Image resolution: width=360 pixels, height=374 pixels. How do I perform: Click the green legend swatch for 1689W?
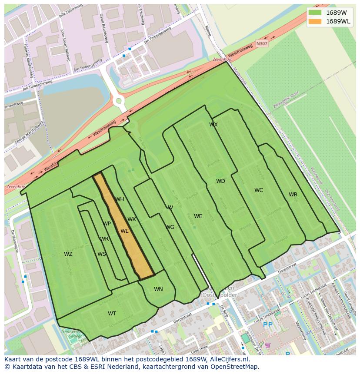(315, 13)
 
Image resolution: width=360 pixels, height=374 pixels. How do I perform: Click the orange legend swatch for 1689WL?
(315, 21)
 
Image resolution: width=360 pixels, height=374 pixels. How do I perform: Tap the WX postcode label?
(213, 125)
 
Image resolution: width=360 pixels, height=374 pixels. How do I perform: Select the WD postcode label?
(220, 181)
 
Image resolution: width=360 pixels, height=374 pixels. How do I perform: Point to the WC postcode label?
(259, 190)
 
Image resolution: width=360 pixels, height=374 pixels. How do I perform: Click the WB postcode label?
(293, 195)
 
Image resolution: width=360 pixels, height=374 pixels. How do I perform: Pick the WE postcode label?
(198, 216)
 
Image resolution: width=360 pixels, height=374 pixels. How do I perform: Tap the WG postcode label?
(170, 227)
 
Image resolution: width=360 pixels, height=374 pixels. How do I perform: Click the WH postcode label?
(120, 199)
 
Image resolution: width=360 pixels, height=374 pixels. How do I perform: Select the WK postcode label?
(132, 219)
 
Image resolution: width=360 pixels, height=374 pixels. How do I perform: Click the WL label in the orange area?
(124, 231)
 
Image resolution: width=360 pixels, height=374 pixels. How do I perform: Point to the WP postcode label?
(107, 224)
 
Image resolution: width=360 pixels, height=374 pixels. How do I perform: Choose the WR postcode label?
(104, 239)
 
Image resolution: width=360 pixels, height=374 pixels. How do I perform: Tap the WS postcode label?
(101, 254)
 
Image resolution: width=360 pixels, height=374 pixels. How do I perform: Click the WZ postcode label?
(68, 254)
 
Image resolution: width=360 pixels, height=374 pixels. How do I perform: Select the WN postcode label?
(158, 289)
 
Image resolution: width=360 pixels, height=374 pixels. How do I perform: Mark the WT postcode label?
(112, 314)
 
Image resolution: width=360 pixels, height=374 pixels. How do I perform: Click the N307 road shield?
(262, 43)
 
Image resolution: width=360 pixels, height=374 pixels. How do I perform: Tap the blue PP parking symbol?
(267, 324)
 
